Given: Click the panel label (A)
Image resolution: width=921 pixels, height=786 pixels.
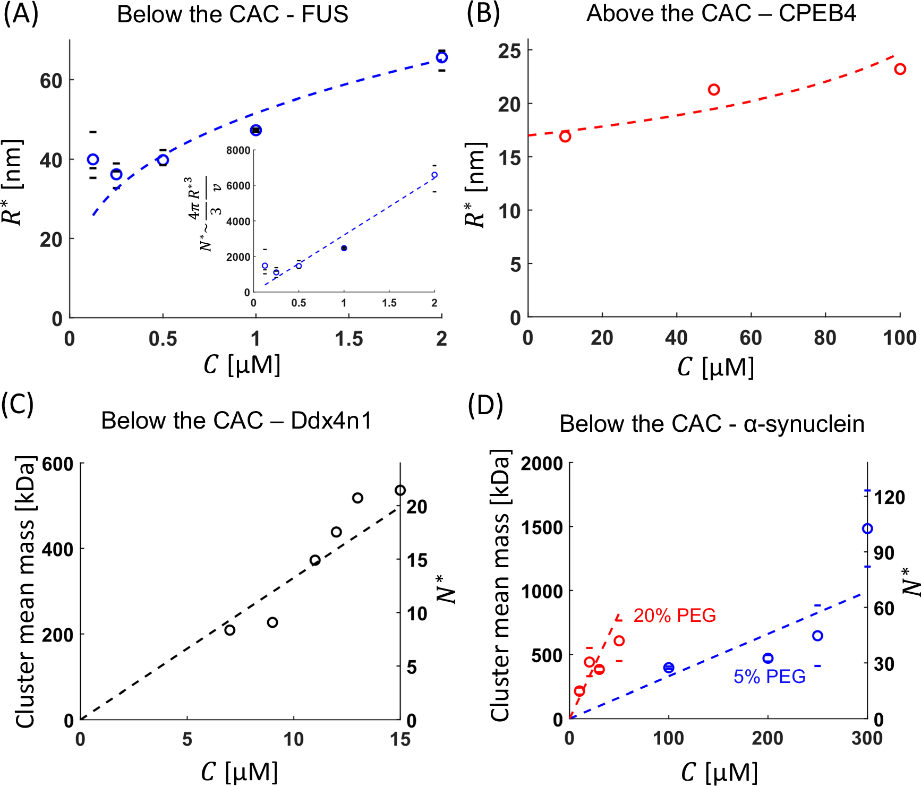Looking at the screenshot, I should pos(21,14).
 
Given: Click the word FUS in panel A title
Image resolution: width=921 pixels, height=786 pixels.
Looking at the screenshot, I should pos(325,14).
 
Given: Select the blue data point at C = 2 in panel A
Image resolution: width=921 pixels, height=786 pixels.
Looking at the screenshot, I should pos(441,57).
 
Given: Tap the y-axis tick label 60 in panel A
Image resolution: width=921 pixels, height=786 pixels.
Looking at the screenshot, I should pos(51,81).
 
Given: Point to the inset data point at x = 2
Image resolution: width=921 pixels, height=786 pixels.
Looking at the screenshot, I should pos(434,175).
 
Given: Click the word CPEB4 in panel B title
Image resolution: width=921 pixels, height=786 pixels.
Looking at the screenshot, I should pos(817,13).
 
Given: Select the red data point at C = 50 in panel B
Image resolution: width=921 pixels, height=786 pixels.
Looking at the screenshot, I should pos(714,90).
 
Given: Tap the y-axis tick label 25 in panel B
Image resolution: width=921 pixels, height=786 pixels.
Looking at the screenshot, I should pos(509,51).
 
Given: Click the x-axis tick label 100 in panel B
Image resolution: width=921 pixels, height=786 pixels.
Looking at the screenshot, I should pos(899,338).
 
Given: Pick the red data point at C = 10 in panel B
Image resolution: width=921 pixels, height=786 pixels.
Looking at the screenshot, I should pos(565,136).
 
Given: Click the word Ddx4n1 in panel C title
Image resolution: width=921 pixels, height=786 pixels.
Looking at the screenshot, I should pos(331,421).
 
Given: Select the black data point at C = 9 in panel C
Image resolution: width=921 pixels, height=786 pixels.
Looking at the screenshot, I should pos(272,622).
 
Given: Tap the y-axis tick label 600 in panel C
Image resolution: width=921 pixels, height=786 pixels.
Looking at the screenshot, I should pos(57,464).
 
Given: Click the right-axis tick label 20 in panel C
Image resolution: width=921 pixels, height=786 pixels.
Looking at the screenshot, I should pos(417,507).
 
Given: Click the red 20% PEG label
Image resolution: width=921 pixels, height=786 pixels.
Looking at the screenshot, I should pos(675,616).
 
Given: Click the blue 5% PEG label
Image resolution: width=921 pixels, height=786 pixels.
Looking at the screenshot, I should pos(769,677).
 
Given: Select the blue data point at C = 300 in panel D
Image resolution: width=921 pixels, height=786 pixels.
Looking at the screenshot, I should pos(867,528).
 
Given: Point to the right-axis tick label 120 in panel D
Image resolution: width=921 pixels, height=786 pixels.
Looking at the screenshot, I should pos(890,497).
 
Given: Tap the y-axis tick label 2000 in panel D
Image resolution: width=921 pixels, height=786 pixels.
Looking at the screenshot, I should pos(542,464).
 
